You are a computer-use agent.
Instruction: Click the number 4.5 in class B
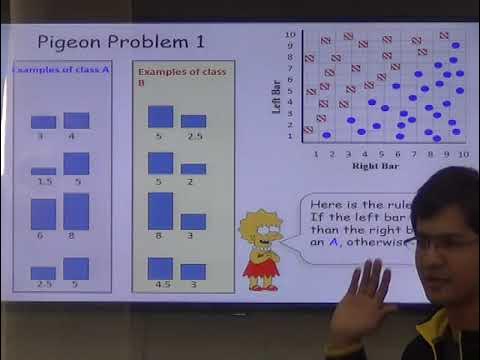point(161,284)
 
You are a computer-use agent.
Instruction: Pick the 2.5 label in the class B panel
point(194,135)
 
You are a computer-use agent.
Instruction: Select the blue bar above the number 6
point(43,214)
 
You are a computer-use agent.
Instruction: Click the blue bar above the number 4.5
point(161,268)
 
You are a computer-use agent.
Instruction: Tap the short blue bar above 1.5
point(43,171)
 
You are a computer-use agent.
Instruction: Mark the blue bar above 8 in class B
point(161,210)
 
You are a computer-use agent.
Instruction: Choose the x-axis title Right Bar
point(384,166)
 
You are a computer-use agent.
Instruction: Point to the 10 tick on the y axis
point(291,35)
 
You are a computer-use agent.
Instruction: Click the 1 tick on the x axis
point(317,153)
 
